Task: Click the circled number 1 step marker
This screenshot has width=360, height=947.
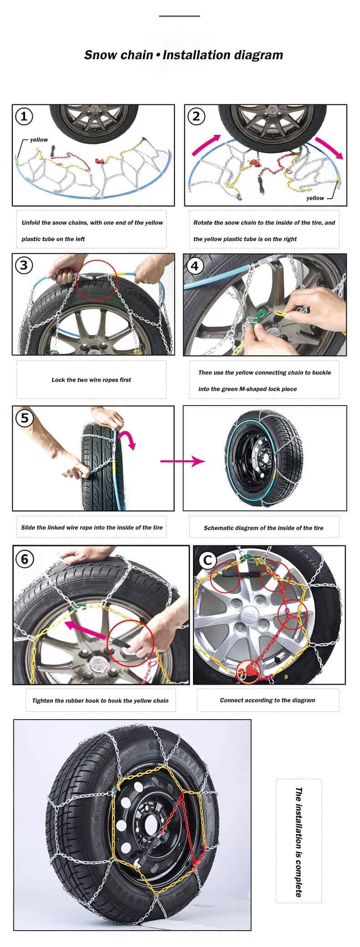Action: (24, 116)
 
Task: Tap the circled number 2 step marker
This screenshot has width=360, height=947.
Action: (196, 116)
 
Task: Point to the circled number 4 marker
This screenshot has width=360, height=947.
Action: (195, 265)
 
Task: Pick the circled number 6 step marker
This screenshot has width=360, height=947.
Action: (25, 558)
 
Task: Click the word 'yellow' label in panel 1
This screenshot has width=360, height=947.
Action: (39, 140)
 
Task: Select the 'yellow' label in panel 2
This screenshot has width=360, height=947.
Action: (315, 198)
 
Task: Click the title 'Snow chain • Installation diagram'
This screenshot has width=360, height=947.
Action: (184, 55)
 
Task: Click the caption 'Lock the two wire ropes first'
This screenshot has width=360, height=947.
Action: (91, 380)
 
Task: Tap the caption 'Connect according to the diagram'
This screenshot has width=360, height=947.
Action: (267, 700)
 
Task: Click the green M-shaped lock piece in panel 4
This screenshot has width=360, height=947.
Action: (263, 313)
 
